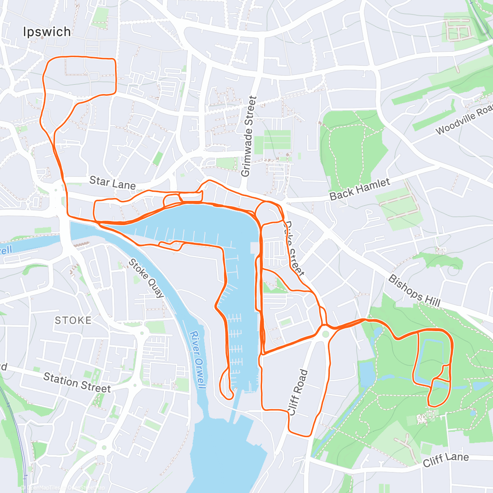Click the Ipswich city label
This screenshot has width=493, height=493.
(47, 32)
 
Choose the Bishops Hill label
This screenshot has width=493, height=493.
(414, 291)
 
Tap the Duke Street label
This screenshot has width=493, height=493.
(295, 249)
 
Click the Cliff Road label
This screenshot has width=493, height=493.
(299, 392)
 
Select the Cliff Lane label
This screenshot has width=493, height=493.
(446, 459)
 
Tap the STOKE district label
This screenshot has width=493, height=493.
(73, 320)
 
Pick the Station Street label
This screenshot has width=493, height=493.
(77, 382)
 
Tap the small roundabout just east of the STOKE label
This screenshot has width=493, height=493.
(142, 332)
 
